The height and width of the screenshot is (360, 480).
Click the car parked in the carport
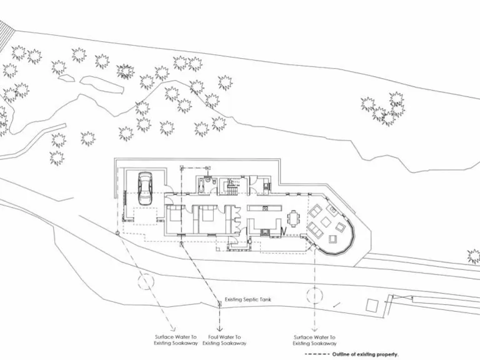click(x=145, y=187)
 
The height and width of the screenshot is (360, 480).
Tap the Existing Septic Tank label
click(x=247, y=299)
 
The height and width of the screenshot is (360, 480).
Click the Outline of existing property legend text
click(x=366, y=354)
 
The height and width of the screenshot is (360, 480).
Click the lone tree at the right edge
click(x=474, y=256)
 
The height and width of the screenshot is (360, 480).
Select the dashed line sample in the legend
click(x=317, y=354)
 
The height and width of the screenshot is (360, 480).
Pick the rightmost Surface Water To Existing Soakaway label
click(x=315, y=340)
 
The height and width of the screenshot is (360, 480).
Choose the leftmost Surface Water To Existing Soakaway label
click(x=176, y=340)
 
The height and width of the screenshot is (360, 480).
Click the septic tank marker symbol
click(x=219, y=304)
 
